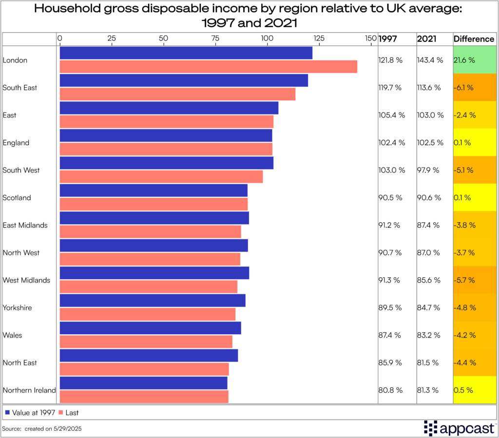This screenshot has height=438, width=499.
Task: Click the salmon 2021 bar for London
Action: click(x=208, y=67)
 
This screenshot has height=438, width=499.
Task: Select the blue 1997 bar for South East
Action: click(x=184, y=80)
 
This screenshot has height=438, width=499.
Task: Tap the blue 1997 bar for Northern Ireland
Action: click(x=143, y=383)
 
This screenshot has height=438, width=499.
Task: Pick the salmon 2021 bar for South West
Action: click(x=161, y=177)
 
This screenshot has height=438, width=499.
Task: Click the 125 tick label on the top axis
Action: click(x=319, y=38)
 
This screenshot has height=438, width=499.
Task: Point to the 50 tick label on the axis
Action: click(x=163, y=38)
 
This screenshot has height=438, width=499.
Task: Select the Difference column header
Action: click(x=474, y=39)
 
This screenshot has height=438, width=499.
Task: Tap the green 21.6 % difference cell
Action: click(x=474, y=60)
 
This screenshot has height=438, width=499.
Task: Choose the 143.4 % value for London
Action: click(x=430, y=60)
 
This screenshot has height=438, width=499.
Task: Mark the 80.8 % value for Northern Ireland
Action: click(x=390, y=390)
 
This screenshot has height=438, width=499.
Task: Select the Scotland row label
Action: click(x=17, y=198)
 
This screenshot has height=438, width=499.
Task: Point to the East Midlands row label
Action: click(x=25, y=225)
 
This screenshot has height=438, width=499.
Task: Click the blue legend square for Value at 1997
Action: click(x=7, y=413)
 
